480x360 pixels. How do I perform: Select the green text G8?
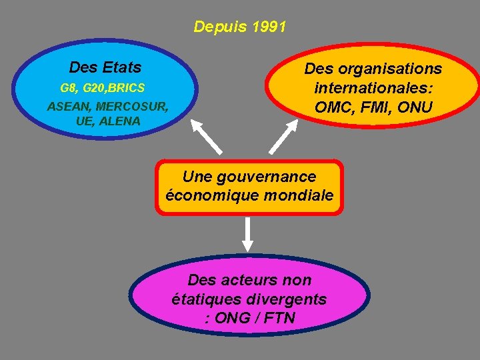[x=68, y=88]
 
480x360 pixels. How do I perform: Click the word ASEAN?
[x=69, y=107]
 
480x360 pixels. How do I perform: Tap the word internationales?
[x=373, y=88]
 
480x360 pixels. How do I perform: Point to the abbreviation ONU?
[x=415, y=107]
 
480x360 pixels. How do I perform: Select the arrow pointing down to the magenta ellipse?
[x=248, y=233]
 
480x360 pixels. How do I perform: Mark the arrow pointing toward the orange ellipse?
[x=281, y=137]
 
